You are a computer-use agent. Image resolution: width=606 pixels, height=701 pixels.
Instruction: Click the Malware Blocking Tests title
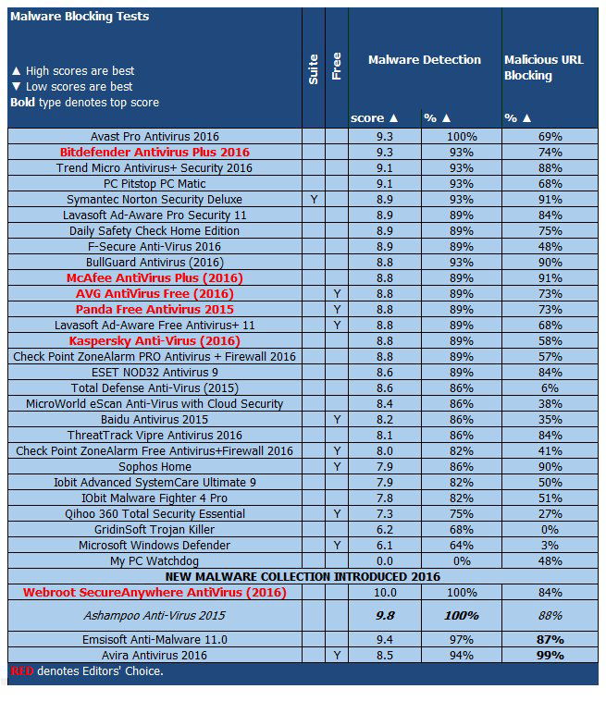[79, 17]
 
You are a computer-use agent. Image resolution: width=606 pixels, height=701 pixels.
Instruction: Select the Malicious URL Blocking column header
[544, 68]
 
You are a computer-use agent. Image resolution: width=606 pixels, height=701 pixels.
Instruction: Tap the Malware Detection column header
[425, 59]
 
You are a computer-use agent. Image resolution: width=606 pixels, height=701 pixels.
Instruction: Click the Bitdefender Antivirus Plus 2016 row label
[155, 152]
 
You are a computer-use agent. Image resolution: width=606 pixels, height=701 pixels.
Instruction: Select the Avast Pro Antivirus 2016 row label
[155, 136]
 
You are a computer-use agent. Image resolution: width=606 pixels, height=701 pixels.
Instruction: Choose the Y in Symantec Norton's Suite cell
[314, 199]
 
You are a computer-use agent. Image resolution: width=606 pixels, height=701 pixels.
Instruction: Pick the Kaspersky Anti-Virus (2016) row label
[155, 340]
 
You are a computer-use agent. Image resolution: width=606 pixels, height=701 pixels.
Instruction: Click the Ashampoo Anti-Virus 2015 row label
[155, 616]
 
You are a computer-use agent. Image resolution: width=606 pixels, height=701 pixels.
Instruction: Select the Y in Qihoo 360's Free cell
[337, 513]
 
